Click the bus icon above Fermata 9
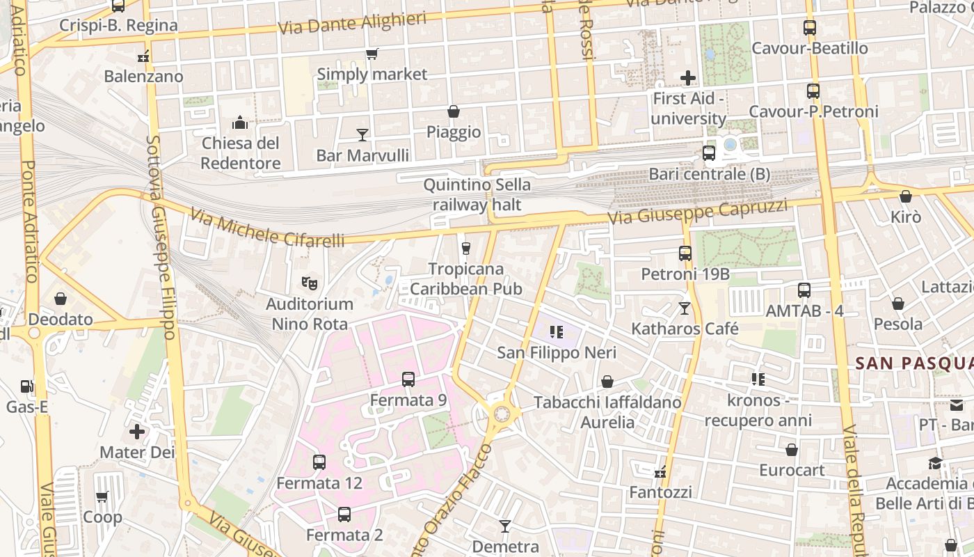pyautogui.click(x=408, y=379)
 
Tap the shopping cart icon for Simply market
pyautogui.click(x=372, y=54)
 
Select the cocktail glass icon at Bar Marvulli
pyautogui.click(x=362, y=134)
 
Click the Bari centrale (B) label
pyautogui.click(x=709, y=174)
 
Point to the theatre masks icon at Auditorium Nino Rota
pyautogui.click(x=310, y=283)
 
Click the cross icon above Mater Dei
pyautogui.click(x=137, y=432)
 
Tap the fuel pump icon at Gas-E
pyautogui.click(x=27, y=386)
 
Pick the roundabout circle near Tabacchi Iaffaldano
pyautogui.click(x=502, y=414)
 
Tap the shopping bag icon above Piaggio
pyautogui.click(x=454, y=111)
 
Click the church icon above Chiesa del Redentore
pyautogui.click(x=240, y=123)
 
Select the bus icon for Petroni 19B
pyautogui.click(x=685, y=253)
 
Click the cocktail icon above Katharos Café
pyautogui.click(x=685, y=308)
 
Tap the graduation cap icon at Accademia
pyautogui.click(x=935, y=463)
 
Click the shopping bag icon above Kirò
pyautogui.click(x=905, y=197)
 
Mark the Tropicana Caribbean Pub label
pyautogui.click(x=465, y=278)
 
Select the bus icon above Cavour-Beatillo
pyautogui.click(x=810, y=28)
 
